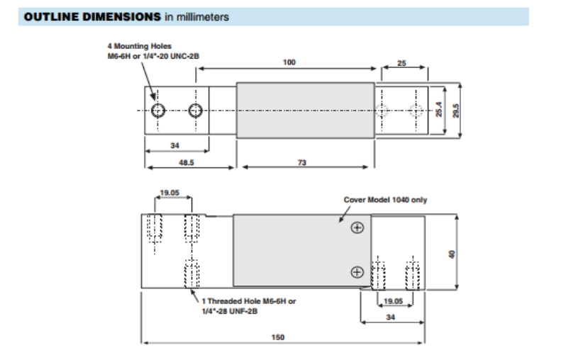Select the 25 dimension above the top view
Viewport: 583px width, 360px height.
tap(401, 63)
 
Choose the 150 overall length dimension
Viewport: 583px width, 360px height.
tap(279, 337)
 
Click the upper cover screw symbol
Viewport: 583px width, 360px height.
tap(357, 227)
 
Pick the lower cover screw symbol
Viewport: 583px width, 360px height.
tap(357, 271)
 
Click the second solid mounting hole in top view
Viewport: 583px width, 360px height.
tap(195, 110)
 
